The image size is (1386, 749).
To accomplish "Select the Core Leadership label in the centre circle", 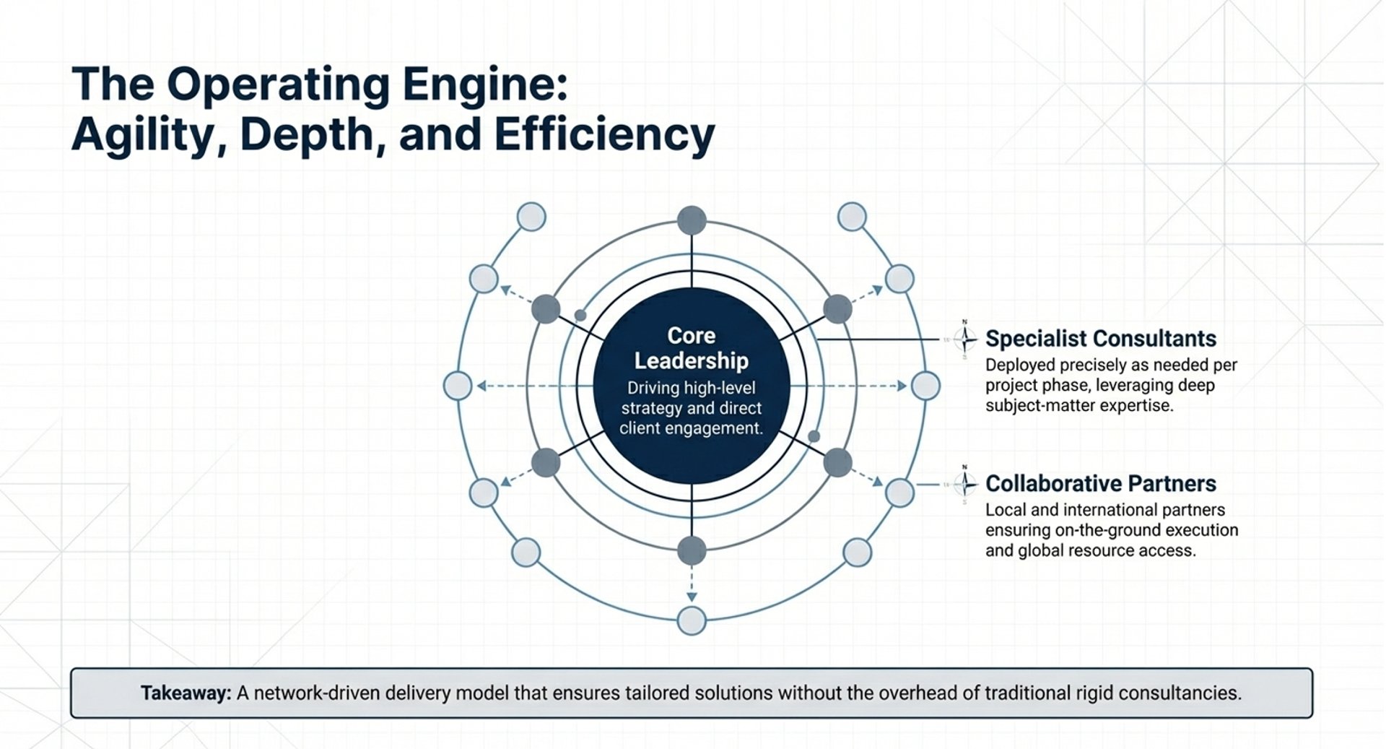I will [691, 348].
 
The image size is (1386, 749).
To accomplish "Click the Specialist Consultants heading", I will [1100, 339].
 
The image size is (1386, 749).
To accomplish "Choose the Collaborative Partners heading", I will [1100, 483].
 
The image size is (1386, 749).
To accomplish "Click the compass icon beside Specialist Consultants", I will [964, 338].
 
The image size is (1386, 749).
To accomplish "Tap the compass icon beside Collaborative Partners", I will [964, 483].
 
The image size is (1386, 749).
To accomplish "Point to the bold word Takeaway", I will [186, 693].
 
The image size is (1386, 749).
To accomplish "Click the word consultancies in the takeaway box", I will [1180, 693].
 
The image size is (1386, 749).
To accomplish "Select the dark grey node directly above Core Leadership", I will [692, 220].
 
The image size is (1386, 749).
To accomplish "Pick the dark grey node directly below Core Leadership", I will [692, 550].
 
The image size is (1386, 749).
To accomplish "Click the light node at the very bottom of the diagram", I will [692, 620].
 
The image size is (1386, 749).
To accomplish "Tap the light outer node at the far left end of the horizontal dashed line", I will [458, 386].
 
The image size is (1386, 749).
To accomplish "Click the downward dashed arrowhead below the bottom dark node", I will [692, 597].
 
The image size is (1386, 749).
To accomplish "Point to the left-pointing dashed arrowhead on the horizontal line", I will [481, 386].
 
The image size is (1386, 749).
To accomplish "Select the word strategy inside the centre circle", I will [648, 408].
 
